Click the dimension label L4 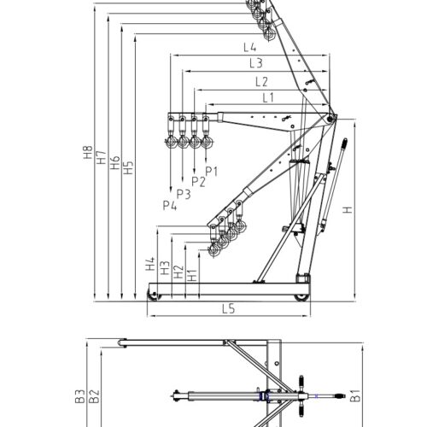[250, 47]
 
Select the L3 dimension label [255, 64]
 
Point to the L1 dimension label [268, 97]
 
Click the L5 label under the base [227, 308]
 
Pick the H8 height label [86, 158]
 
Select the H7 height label [100, 160]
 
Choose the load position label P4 [169, 205]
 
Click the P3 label [183, 194]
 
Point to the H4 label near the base [150, 265]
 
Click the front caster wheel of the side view [154, 295]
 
